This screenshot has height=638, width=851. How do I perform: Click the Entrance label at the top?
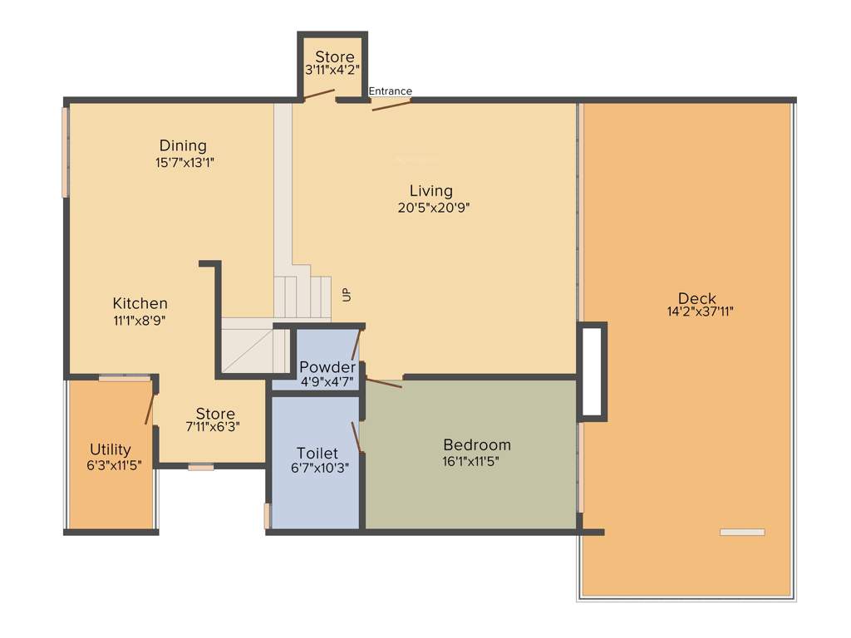pyautogui.click(x=390, y=91)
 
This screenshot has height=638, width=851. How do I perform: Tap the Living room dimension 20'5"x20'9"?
pyautogui.click(x=434, y=208)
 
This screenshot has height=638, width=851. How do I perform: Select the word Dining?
pyautogui.click(x=183, y=146)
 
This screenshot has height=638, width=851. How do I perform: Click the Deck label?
pyautogui.click(x=696, y=298)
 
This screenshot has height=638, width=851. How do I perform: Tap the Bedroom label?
pyautogui.click(x=476, y=444)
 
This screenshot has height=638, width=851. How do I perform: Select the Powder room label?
pyautogui.click(x=327, y=367)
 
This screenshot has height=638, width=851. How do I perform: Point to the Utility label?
pyautogui.click(x=111, y=450)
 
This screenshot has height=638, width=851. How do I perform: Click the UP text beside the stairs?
pyautogui.click(x=346, y=294)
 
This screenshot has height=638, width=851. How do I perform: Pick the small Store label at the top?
pyautogui.click(x=334, y=57)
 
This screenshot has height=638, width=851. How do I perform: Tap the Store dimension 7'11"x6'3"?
pyautogui.click(x=215, y=428)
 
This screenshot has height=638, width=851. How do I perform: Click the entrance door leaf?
pyautogui.click(x=391, y=106)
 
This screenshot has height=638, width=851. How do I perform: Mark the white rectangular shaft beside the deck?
pyautogui.click(x=592, y=371)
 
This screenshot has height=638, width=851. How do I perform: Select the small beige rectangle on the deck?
pyautogui.click(x=741, y=532)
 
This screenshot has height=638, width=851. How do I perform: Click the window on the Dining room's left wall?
pyautogui.click(x=65, y=152)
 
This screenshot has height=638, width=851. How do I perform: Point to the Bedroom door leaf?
pyautogui.click(x=383, y=383)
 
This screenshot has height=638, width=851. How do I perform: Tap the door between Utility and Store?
pyautogui.click(x=150, y=407)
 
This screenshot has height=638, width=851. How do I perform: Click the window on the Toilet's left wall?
pyautogui.click(x=267, y=515)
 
